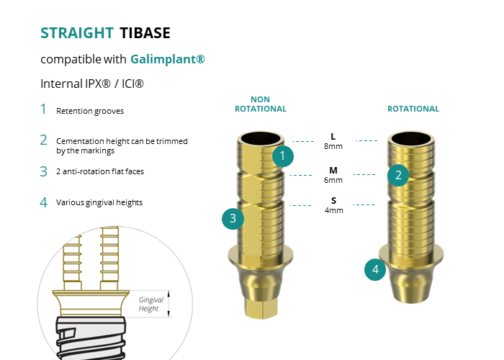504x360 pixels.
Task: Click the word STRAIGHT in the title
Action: pyautogui.click(x=77, y=33)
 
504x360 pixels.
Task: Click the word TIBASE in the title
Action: pyautogui.click(x=145, y=33)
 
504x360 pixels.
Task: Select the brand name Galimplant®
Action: pyautogui.click(x=168, y=60)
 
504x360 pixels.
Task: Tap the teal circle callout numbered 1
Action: pyautogui.click(x=283, y=156)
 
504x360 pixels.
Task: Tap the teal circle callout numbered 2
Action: pyautogui.click(x=398, y=176)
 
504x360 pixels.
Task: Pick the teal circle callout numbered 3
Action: pyautogui.click(x=233, y=219)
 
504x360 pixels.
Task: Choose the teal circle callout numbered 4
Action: pyautogui.click(x=375, y=270)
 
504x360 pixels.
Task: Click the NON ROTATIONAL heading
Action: pyautogui.click(x=261, y=104)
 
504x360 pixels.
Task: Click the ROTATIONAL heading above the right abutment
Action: pyautogui.click(x=413, y=109)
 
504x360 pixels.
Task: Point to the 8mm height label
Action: pyautogui.click(x=333, y=146)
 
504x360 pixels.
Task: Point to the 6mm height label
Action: pyautogui.click(x=333, y=180)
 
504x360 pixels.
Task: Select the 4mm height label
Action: pyautogui.click(x=334, y=210)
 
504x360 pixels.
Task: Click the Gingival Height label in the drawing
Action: pyautogui.click(x=150, y=304)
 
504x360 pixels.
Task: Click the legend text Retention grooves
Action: pyautogui.click(x=90, y=111)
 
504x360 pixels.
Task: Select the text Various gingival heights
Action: pyautogui.click(x=99, y=202)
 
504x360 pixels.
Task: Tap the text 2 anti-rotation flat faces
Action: pyautogui.click(x=100, y=171)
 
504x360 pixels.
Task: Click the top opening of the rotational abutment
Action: pyautogui.click(x=411, y=139)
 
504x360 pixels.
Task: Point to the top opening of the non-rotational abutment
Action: pyautogui.click(x=261, y=139)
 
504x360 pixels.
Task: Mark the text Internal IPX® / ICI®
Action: pyautogui.click(x=92, y=84)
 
